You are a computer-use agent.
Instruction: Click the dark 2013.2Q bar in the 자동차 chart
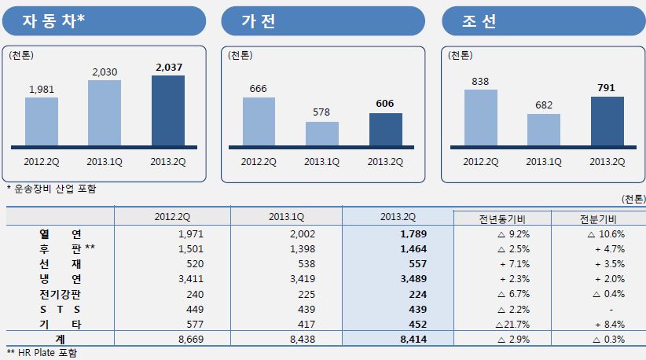[167, 111]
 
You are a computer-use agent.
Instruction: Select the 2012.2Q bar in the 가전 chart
[259, 122]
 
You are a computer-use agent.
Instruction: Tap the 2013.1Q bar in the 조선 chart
[544, 130]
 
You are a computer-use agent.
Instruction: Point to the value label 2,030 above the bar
[105, 72]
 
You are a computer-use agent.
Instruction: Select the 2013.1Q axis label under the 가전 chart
[321, 162]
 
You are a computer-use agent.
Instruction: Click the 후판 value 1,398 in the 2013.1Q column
[288, 248]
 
